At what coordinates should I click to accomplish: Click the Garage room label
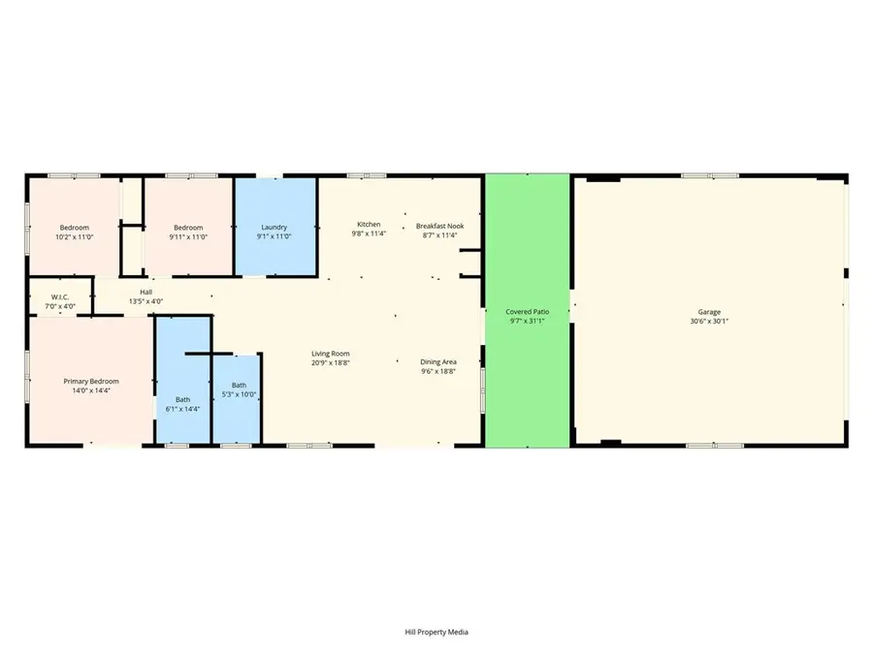point(710,312)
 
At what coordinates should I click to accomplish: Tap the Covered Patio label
point(527,312)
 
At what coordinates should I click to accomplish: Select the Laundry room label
point(275,228)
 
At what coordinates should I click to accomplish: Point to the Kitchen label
point(369,225)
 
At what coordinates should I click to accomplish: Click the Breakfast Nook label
point(439,226)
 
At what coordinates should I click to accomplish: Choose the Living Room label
point(330,354)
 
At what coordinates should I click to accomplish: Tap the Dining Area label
point(438,362)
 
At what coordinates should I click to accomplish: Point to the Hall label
point(145,292)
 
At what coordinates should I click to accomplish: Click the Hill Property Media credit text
point(436,632)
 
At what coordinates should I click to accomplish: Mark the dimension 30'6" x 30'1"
point(710,321)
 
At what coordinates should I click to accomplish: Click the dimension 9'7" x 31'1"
point(527,321)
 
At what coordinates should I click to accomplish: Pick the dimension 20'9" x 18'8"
point(330,362)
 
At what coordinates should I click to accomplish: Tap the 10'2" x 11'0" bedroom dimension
point(73,236)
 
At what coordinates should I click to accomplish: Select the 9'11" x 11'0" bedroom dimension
point(189,236)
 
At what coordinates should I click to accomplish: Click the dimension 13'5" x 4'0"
point(145,301)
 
